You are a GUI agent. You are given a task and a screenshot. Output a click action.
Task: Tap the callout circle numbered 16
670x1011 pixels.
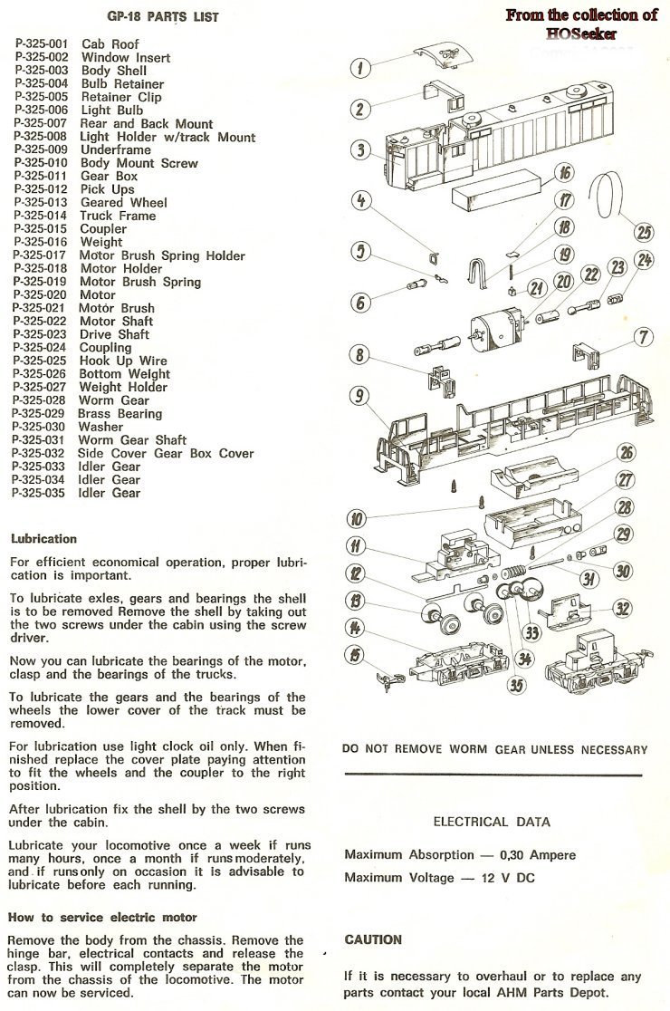point(564,172)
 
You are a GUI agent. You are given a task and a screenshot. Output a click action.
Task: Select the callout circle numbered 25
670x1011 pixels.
point(644,233)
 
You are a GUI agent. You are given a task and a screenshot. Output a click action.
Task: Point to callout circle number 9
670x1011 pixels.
point(359,395)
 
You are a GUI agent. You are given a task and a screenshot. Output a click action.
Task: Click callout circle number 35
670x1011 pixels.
point(515,686)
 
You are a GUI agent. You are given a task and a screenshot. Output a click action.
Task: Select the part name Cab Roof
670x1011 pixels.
point(109,43)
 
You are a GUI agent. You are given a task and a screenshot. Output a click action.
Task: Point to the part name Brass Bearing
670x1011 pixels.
point(120,413)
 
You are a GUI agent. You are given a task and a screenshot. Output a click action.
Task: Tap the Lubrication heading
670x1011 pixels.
point(43,539)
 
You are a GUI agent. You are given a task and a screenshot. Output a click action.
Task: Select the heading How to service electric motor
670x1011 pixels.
point(102,918)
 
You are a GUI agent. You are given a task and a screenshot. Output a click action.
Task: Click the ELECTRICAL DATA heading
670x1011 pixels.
point(492,822)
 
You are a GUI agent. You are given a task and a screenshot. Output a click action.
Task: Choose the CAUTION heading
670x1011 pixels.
point(373,939)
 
